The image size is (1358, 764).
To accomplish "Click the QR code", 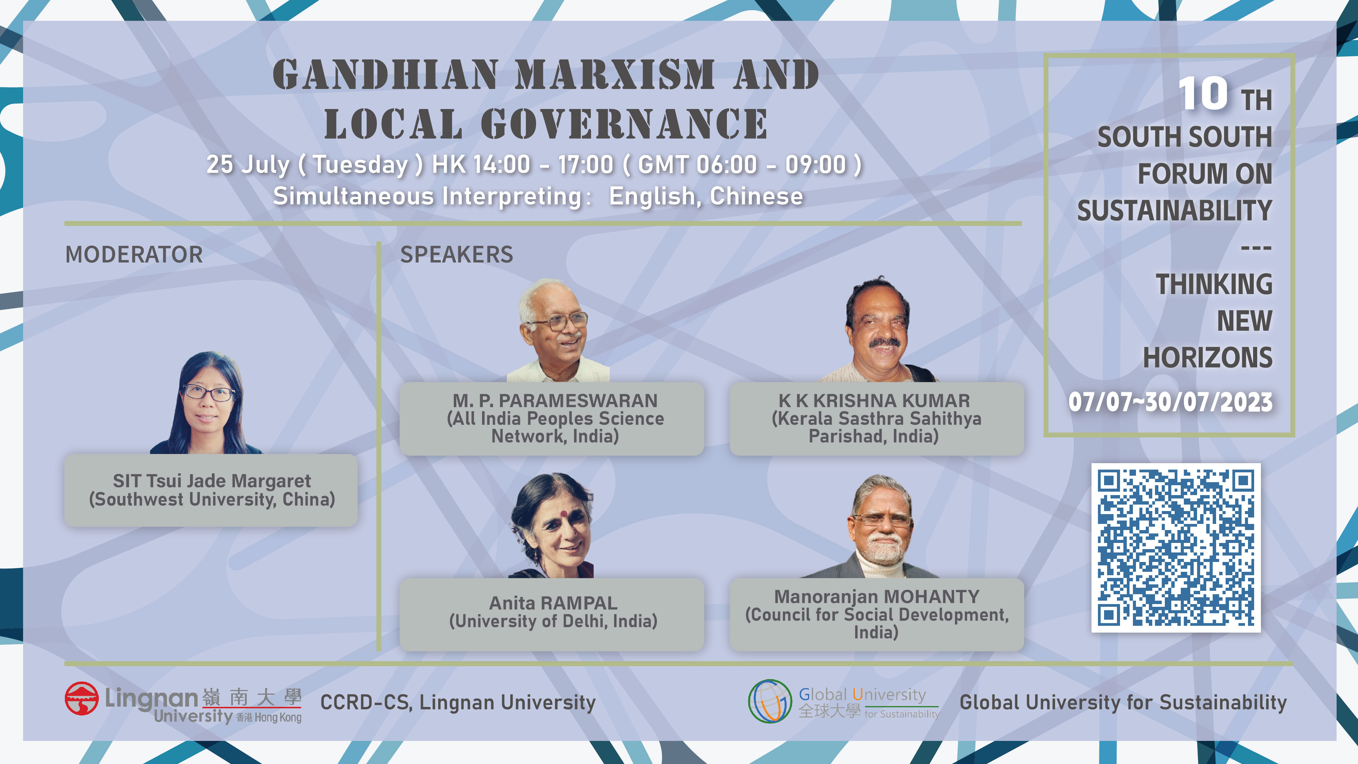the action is tap(1176, 547).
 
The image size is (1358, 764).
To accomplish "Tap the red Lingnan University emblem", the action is tap(82, 698).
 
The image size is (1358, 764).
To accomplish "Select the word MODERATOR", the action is tap(134, 255).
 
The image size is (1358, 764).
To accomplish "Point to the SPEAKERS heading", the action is tap(457, 255).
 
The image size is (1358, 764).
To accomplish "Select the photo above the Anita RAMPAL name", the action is tap(552, 525).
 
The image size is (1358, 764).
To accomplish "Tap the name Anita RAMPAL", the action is tap(553, 603).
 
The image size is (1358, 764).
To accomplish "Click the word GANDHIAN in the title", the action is tap(385, 74).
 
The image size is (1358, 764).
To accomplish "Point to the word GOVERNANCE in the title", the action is tap(624, 124).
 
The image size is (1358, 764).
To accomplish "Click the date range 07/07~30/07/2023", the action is tap(1170, 402).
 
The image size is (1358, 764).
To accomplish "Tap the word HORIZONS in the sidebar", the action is tap(1208, 358).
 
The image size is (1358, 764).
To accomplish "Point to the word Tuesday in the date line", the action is tap(361, 165).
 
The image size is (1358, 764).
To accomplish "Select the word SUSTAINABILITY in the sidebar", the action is tap(1175, 211).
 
